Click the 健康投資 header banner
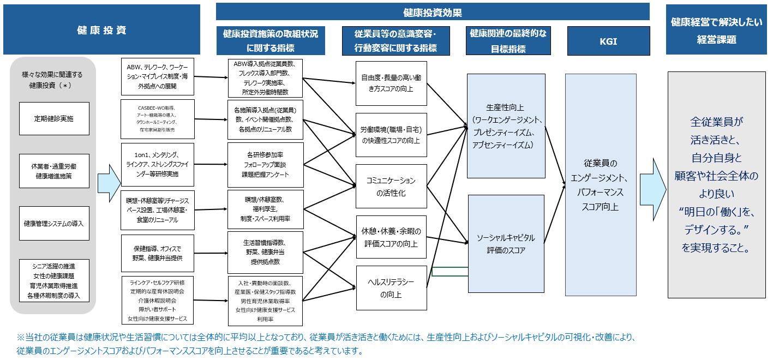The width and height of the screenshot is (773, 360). pos(101,30)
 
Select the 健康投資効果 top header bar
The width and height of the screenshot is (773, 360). pos(433,12)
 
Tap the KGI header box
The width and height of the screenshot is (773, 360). pos(608,41)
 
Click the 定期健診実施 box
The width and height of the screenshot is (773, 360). pos(54,118)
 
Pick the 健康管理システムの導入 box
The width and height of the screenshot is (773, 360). pos(54,224)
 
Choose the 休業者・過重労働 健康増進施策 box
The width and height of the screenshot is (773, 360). pos(54,171)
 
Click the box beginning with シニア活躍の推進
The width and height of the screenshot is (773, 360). pos(54,281)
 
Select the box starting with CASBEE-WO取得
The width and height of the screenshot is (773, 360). pos(158,119)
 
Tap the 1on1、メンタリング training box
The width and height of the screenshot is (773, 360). pos(158,164)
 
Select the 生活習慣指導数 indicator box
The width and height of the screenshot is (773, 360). pos(265,253)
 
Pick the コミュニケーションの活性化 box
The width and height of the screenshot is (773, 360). pos(391,187)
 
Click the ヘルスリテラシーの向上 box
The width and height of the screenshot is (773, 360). pos(391,288)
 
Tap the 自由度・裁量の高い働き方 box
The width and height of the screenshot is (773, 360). pos(391,83)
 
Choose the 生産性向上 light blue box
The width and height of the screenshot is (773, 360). pos(506,126)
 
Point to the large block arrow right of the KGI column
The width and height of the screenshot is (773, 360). pos(652,182)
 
